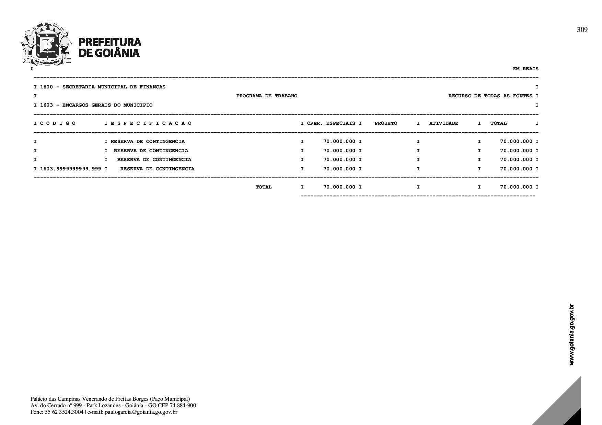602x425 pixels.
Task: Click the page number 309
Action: coord(582,30)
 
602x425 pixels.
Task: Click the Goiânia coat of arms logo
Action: coord(46,43)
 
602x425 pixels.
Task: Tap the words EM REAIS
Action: coord(525,69)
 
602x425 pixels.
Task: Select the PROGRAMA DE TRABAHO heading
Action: coord(267,96)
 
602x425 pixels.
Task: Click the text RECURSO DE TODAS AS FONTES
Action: coord(490,96)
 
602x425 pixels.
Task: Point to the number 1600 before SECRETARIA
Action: coord(46,87)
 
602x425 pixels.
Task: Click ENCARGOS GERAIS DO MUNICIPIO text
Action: coord(107,105)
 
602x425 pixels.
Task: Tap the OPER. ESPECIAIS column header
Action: coord(331,123)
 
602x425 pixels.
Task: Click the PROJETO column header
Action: coord(386,123)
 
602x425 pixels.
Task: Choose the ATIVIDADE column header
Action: coord(443,123)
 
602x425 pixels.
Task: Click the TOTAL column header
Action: coord(498,123)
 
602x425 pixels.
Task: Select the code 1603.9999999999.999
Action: coord(70,169)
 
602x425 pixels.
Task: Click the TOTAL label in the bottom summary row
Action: coord(264,187)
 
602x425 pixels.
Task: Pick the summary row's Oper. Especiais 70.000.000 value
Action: coord(339,187)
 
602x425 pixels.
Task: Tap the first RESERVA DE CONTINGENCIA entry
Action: coord(148,142)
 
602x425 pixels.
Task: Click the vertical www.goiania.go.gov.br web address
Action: coord(571,335)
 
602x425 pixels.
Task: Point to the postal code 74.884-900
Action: coord(183,405)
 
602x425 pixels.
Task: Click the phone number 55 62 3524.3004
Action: coord(64,412)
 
